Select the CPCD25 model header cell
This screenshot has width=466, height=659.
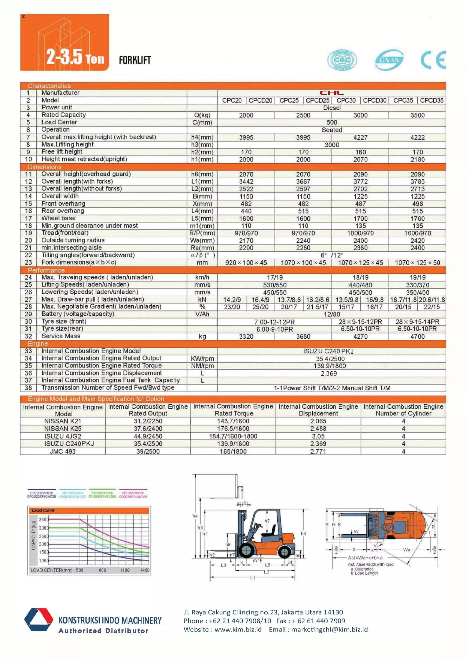click(317, 101)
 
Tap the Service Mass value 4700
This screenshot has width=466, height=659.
click(417, 336)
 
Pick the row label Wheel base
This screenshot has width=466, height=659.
click(58, 218)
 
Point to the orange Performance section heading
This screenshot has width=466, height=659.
click(46, 270)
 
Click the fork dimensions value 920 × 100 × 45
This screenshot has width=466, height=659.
click(246, 263)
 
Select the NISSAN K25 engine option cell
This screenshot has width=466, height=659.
click(63, 428)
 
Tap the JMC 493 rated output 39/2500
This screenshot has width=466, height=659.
click(148, 451)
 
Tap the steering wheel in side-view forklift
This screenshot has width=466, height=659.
click(258, 526)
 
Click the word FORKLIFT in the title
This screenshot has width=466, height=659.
click(135, 60)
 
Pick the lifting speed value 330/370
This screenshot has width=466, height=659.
click(417, 285)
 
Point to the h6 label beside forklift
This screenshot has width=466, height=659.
click(303, 533)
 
